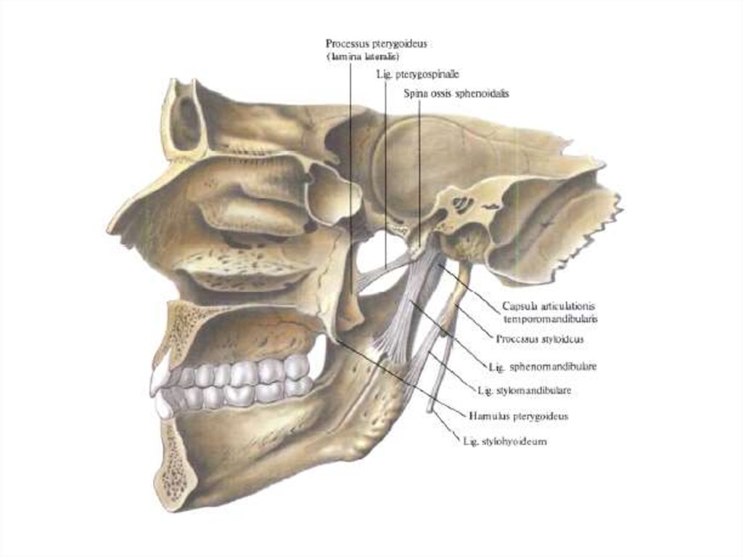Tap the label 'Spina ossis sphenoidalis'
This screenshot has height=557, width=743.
pyautogui.click(x=456, y=94)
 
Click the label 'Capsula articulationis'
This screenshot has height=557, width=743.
pyautogui.click(x=549, y=306)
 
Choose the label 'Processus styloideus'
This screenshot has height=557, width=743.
pyautogui.click(x=541, y=339)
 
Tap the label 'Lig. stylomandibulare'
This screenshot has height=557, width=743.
pyautogui.click(x=525, y=391)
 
